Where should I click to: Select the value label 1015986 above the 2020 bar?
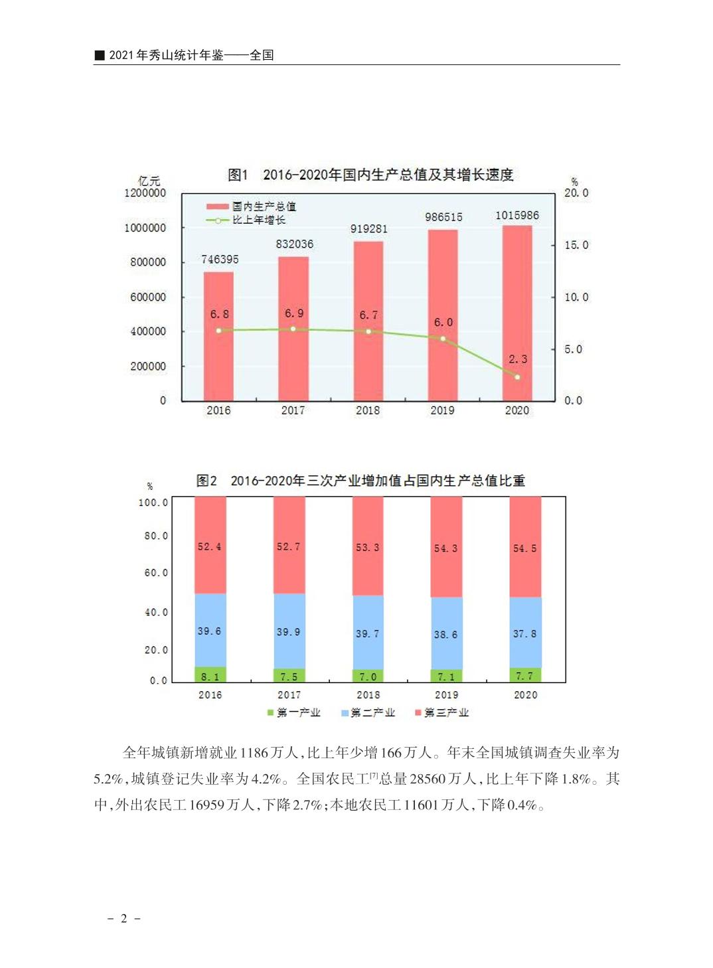pos(517,216)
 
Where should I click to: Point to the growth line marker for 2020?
pos(517,377)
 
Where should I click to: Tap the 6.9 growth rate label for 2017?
pos(294,313)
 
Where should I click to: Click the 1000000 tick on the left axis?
pos(145,228)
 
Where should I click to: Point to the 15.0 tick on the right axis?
pos(576,245)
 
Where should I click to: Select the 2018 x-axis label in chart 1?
pos(368,410)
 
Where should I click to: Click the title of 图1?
pos(370,175)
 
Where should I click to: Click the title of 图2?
pos(360,481)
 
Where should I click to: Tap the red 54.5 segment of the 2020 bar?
pos(525,548)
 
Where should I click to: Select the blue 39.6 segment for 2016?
pos(210,631)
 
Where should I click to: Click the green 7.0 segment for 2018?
pos(368,677)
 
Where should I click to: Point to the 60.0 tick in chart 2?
pos(156,573)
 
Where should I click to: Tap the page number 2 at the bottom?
pos(123,919)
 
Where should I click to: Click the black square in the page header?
pos(100,55)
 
